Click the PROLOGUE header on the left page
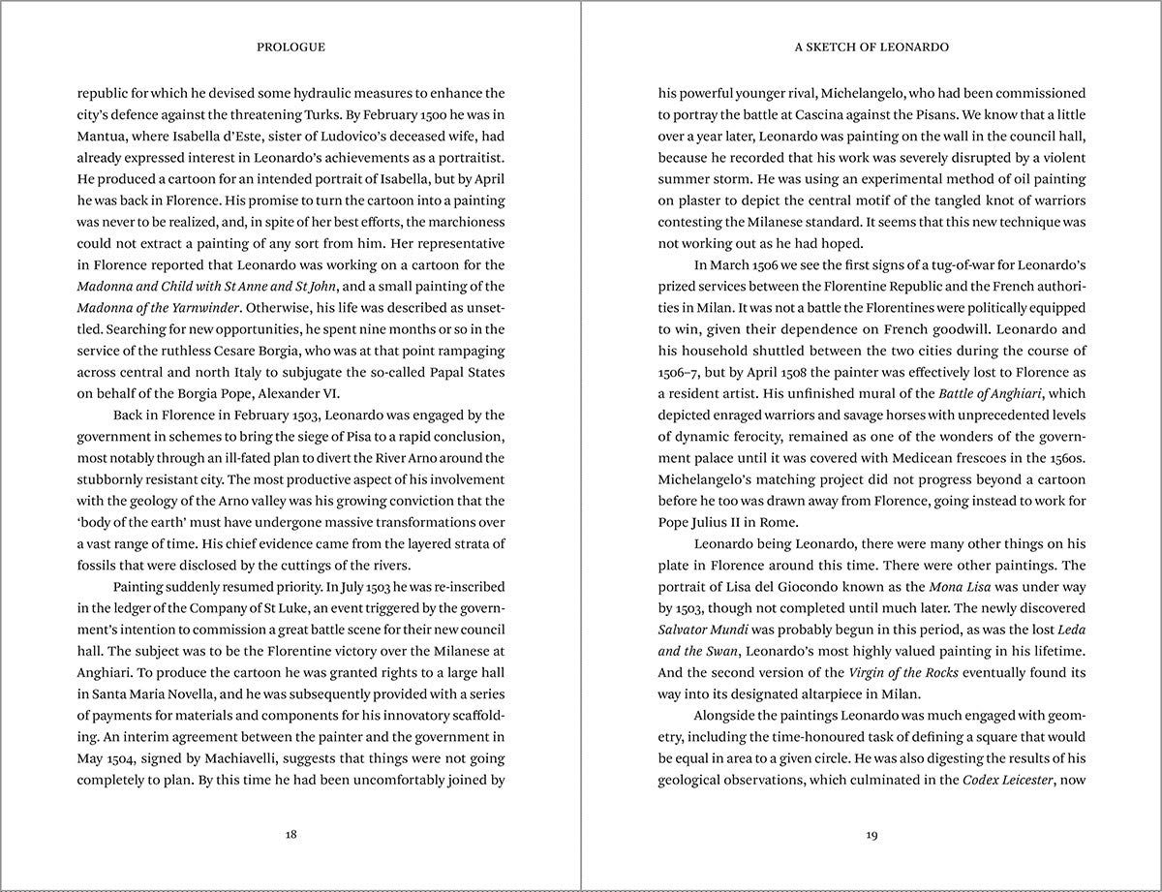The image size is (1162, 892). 290,46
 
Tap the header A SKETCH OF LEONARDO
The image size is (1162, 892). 871,46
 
